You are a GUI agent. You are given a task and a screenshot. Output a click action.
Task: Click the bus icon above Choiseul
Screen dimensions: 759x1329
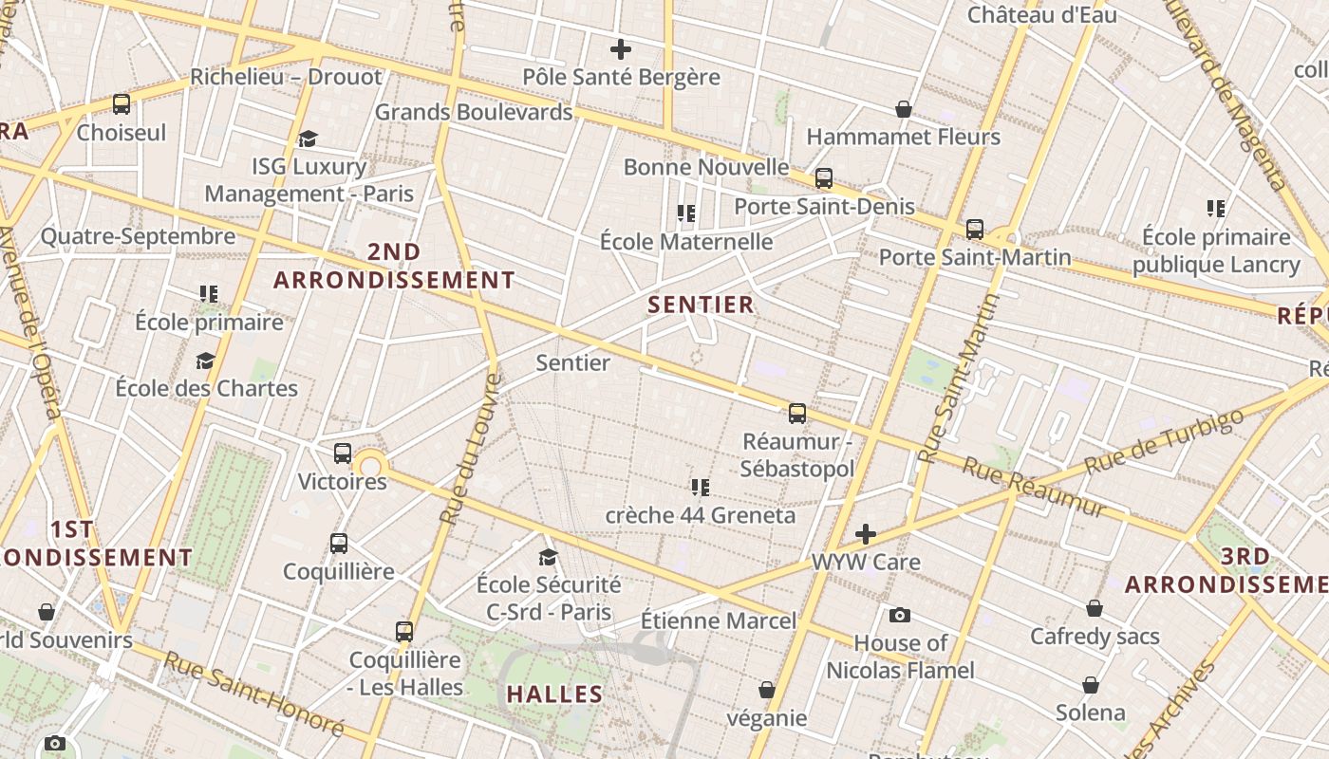click(122, 104)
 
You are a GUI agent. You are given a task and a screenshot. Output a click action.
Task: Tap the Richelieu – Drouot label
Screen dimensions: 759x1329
click(286, 77)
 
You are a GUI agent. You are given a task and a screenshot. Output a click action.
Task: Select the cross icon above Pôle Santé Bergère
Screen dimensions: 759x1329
click(621, 49)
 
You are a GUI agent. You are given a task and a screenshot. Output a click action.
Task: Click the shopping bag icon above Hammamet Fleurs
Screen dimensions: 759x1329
click(904, 110)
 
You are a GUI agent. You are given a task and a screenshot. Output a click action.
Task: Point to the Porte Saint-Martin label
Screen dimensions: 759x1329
click(974, 257)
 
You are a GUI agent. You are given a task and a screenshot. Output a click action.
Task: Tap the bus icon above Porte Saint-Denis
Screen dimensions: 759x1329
click(824, 178)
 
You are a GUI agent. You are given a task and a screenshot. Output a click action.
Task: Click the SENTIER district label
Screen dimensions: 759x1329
click(701, 305)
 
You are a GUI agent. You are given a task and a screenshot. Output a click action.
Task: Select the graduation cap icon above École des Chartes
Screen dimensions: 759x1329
click(205, 361)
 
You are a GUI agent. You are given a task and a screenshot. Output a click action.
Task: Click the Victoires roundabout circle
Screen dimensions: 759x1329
click(370, 465)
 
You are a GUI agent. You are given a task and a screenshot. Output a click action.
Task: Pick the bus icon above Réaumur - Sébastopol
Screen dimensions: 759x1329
click(797, 414)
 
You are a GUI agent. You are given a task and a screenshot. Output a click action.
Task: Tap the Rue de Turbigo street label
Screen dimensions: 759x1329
click(1163, 442)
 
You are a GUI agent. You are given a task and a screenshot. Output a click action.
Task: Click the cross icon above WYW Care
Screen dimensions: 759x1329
click(865, 534)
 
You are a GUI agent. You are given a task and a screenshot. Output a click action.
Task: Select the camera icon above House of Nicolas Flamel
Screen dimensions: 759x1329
click(900, 616)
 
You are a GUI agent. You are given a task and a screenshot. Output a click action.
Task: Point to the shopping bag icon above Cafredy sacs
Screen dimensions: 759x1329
click(1095, 608)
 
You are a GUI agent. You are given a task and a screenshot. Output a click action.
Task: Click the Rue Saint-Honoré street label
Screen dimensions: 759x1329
click(253, 694)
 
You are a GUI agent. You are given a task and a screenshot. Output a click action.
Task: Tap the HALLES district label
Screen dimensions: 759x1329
click(554, 694)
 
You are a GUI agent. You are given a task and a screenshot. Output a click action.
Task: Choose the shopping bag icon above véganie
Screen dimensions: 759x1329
click(767, 690)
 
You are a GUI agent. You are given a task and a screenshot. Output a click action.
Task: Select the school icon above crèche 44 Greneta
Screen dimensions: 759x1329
click(701, 488)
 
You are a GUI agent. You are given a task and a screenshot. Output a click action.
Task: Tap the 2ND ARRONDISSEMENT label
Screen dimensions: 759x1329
click(394, 266)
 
